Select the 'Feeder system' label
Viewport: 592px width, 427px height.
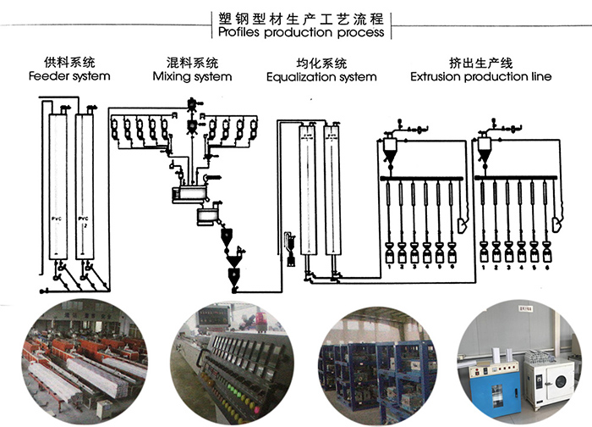[x=69, y=76]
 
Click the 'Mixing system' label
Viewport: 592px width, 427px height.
[x=192, y=76]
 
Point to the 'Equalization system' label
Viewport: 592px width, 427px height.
[x=321, y=76]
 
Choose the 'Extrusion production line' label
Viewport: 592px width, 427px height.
[x=480, y=76]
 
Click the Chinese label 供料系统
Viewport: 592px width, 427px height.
[x=69, y=62]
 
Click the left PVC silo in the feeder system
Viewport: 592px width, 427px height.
[x=58, y=186]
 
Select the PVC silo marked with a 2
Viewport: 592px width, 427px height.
[x=83, y=186]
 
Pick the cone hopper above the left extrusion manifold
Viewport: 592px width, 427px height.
[x=391, y=150]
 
